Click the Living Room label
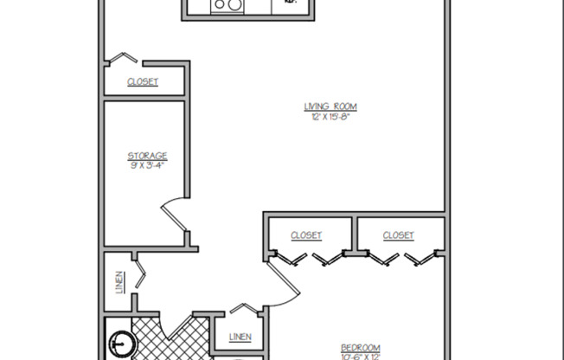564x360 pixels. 330,106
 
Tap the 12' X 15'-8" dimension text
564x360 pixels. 330,116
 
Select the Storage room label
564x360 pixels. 147,156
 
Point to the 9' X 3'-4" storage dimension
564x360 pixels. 147,165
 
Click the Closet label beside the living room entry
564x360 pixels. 143,83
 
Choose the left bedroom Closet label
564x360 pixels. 306,235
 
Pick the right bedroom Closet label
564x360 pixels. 398,235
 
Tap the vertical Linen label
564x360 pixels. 119,283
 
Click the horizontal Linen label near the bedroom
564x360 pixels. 240,337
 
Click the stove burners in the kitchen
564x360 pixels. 228,5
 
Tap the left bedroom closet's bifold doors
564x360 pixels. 308,257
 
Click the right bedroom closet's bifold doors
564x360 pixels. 399,257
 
